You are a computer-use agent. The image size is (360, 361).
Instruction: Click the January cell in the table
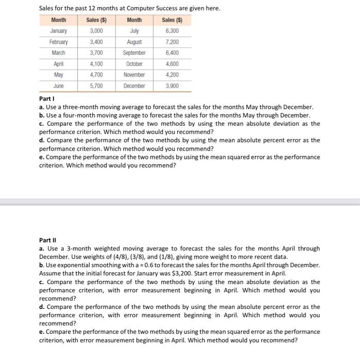point(59,31)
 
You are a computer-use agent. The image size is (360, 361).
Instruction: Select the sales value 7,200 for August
point(172,42)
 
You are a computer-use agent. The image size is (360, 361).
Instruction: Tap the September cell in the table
point(134,53)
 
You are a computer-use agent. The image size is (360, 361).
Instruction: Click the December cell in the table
point(134,86)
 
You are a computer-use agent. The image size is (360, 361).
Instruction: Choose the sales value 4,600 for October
point(172,64)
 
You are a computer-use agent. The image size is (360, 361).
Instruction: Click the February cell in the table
point(59,42)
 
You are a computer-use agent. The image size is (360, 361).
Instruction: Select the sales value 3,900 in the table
point(172,86)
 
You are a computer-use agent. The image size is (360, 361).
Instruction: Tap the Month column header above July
point(134,20)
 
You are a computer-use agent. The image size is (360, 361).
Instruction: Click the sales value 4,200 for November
point(172,75)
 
